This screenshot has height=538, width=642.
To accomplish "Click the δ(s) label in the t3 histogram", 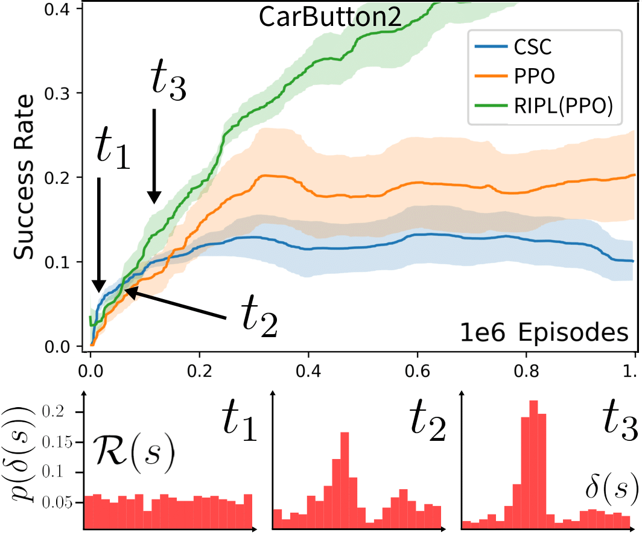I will [x=612, y=486].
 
